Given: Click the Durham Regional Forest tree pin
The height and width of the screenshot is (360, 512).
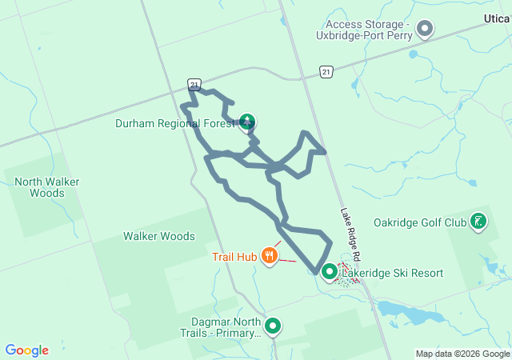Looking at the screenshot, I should click(248, 122).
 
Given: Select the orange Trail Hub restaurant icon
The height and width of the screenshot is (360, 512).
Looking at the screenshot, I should click(270, 256).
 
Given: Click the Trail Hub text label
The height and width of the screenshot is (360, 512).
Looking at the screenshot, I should click(234, 257).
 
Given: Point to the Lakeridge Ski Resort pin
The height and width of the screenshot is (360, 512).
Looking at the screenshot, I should click(330, 273).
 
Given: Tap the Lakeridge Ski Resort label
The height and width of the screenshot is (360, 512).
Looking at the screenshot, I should click(392, 273).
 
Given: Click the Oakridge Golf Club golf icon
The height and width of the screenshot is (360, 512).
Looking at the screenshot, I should click(478, 222).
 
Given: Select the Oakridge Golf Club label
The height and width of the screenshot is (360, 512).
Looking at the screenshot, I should click(419, 222).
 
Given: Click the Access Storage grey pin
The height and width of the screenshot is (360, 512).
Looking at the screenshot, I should click(426, 30).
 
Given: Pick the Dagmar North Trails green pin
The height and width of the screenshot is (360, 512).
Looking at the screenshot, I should click(274, 326).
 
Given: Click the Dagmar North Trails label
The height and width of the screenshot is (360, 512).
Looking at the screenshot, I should click(220, 328).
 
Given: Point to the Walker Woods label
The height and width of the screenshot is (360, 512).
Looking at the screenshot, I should click(158, 236).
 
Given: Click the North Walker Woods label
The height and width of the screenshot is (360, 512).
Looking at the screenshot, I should click(46, 187).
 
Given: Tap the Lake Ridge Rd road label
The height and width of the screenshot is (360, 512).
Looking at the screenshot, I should click(352, 233).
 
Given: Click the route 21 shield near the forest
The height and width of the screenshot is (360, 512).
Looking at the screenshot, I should click(194, 83).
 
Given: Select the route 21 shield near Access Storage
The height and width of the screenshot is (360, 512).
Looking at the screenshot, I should click(325, 73).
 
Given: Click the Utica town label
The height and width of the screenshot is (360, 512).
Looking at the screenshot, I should click(498, 18).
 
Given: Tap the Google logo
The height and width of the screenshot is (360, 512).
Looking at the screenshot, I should click(26, 350).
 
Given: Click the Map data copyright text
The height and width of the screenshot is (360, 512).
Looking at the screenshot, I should click(462, 354).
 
